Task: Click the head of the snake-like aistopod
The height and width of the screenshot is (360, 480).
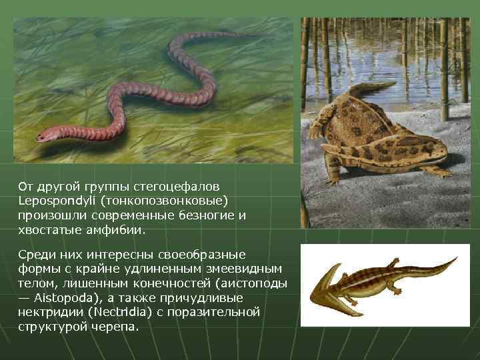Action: (x=45, y=137)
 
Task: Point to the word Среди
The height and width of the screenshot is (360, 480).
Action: (x=35, y=254)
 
